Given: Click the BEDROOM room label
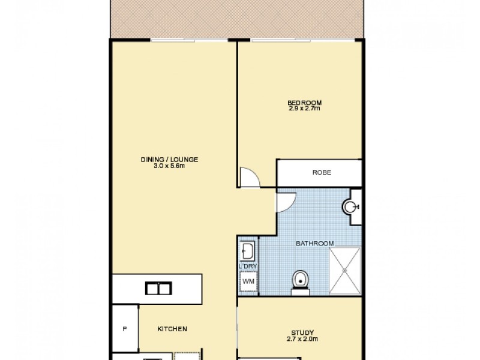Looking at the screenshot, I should [304, 102].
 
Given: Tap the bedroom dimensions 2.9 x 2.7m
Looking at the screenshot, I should [304, 108].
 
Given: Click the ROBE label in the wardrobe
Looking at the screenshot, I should [322, 173].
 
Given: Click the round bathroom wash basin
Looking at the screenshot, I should [351, 208].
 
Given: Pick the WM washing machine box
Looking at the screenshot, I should [248, 281].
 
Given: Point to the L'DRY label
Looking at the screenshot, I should [248, 265].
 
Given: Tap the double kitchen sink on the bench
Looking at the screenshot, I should [158, 289].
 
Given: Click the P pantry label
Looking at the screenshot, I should [125, 329].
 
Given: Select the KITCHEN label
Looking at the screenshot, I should [172, 329].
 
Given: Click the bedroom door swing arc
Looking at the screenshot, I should [248, 176].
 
